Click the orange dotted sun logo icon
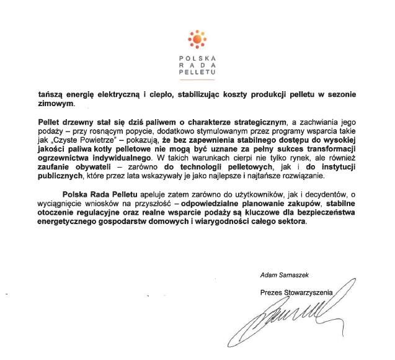[x=197, y=39]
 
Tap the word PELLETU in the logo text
[x=197, y=73]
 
